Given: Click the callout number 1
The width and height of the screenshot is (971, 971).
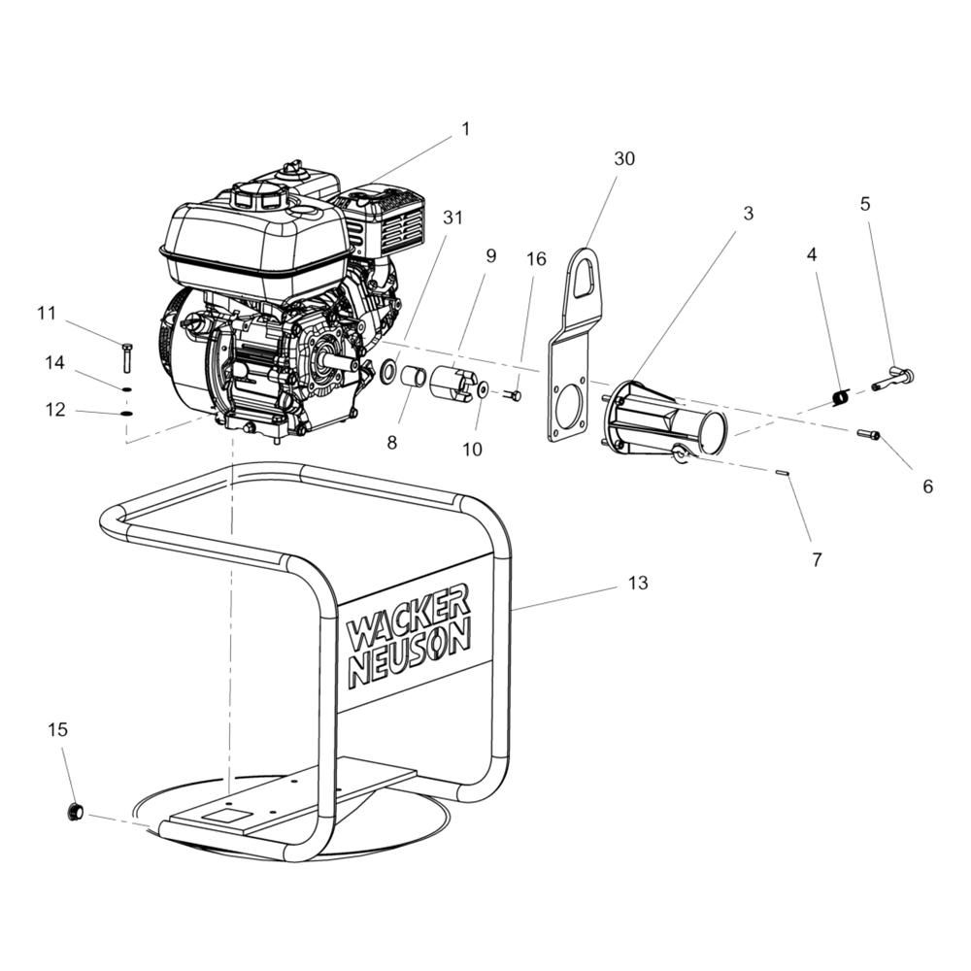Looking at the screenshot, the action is pyautogui.click(x=465, y=128).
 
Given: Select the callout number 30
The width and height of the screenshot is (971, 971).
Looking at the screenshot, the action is pyautogui.click(x=624, y=158).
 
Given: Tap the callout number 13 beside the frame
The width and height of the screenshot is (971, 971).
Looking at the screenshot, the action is pyautogui.click(x=638, y=583).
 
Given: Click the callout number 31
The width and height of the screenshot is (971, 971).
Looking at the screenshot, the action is pyautogui.click(x=452, y=218).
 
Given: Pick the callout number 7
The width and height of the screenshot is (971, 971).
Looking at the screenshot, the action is pyautogui.click(x=817, y=559).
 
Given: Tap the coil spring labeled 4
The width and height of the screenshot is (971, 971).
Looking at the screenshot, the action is pyautogui.click(x=841, y=396).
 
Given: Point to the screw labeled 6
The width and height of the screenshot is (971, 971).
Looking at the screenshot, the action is pyautogui.click(x=868, y=435).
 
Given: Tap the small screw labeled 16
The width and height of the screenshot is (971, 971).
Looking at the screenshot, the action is pyautogui.click(x=513, y=395).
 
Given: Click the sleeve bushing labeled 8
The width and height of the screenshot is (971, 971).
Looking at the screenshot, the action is pyautogui.click(x=415, y=376).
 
